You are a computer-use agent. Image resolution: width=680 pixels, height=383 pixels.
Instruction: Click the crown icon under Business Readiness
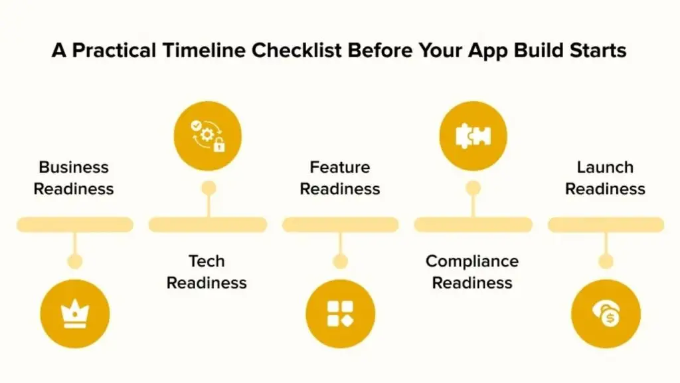click(74, 314)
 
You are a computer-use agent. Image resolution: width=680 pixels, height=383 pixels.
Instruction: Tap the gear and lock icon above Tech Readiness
click(207, 136)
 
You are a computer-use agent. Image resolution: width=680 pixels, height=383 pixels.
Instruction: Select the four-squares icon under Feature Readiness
click(340, 314)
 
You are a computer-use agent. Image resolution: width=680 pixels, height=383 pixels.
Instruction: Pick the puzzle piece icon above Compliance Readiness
click(473, 136)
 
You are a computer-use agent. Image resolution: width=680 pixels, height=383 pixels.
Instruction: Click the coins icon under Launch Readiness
click(606, 314)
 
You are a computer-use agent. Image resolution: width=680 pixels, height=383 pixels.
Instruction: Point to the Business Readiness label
click(74, 178)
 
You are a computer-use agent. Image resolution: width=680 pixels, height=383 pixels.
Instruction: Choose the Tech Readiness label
click(207, 272)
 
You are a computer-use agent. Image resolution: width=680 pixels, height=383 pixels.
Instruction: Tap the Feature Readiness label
click(340, 178)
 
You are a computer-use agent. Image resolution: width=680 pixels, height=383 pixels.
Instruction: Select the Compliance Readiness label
click(472, 272)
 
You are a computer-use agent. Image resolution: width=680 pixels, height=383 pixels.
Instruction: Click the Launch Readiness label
click(605, 178)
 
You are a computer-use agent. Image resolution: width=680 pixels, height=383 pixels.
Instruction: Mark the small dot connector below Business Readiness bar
click(75, 261)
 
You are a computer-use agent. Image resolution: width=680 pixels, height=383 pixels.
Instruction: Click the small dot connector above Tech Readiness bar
click(209, 188)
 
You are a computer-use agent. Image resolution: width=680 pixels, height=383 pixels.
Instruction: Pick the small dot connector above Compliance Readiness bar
click(473, 188)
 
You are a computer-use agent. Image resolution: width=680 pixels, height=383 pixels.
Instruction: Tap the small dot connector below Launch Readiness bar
click(606, 261)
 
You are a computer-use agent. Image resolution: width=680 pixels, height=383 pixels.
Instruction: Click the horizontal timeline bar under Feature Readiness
click(340, 225)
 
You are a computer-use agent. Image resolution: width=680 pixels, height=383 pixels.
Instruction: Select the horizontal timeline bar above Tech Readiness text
click(207, 225)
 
